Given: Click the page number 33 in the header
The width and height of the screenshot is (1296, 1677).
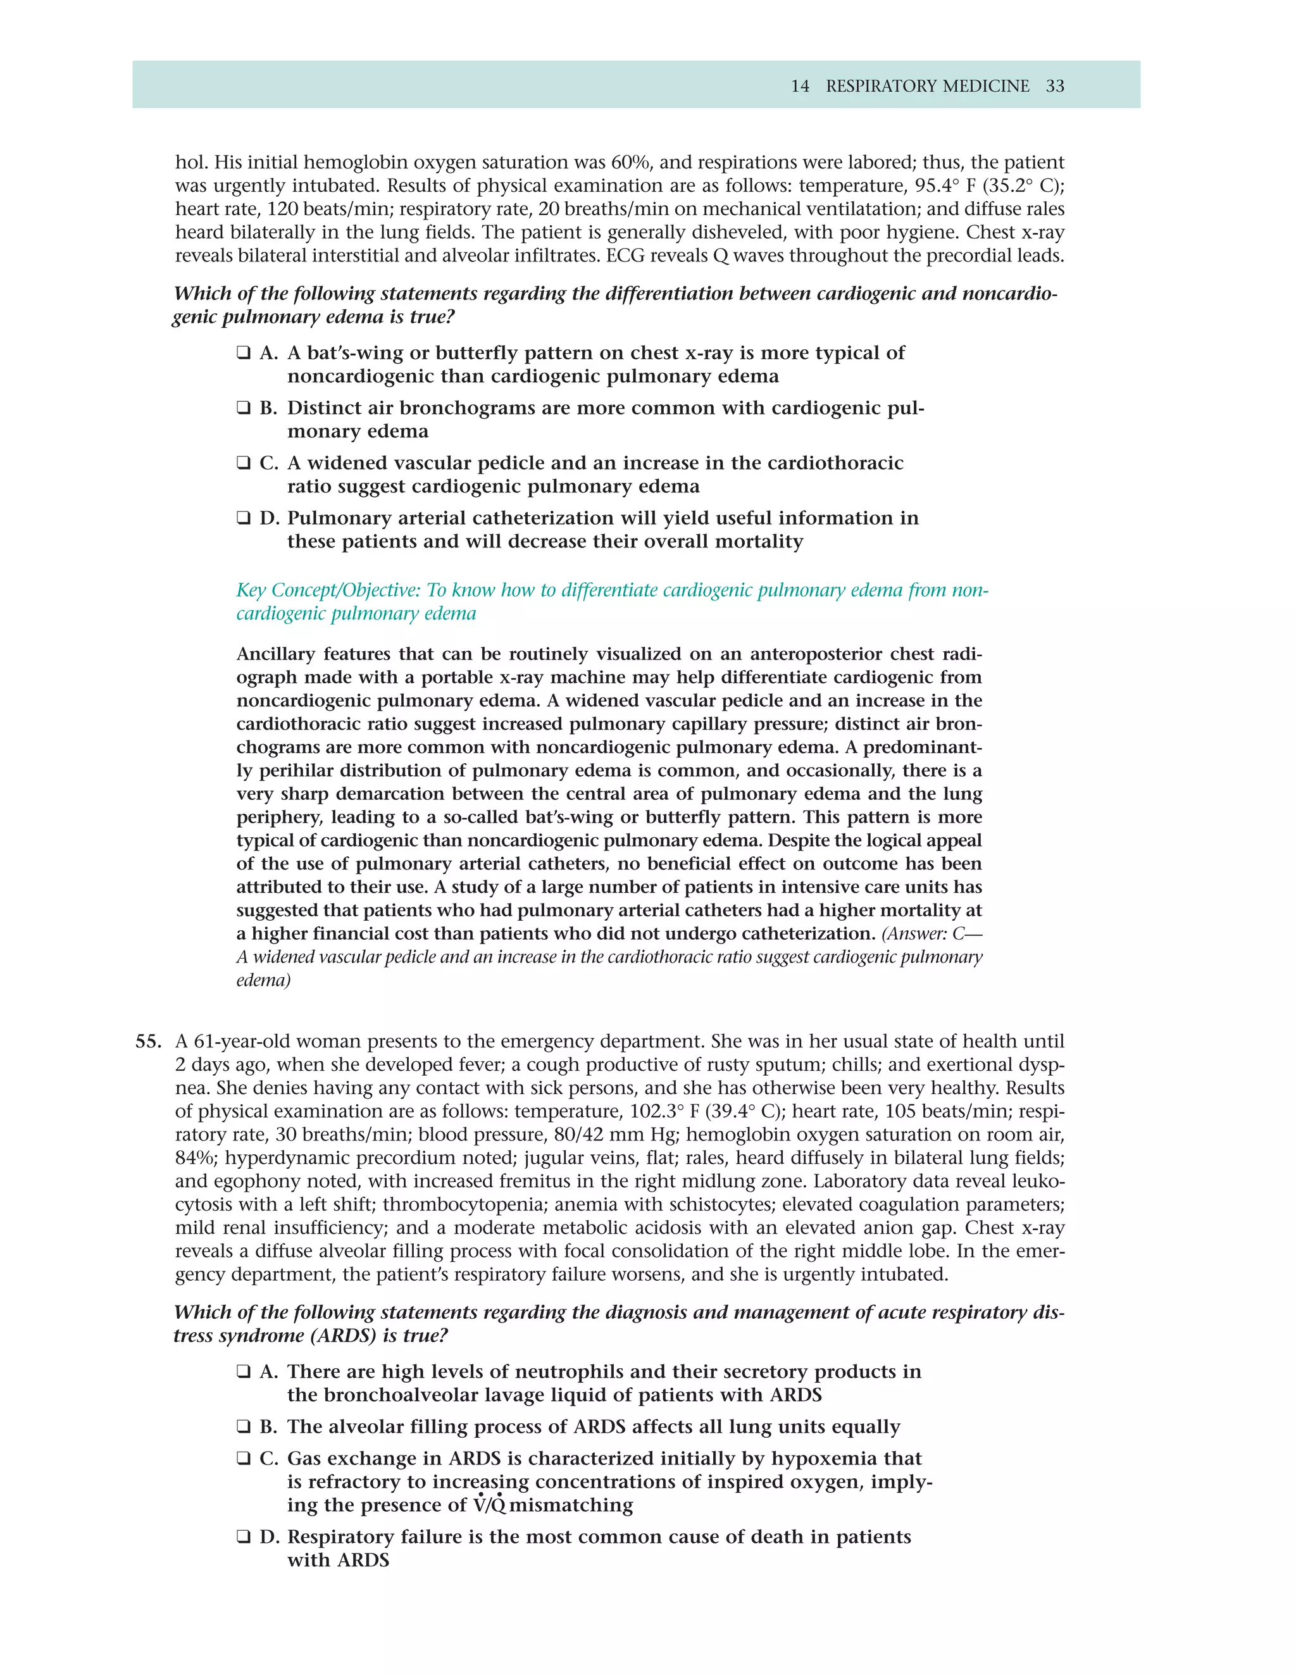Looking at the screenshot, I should point(1055,86).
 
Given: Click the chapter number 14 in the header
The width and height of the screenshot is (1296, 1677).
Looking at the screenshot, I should point(800,86).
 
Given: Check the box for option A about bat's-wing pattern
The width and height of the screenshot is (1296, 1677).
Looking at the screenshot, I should point(244,353).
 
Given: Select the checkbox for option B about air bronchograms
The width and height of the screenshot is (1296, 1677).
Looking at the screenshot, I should point(244,409).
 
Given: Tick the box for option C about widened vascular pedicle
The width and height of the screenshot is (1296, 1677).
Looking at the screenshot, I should point(244,464).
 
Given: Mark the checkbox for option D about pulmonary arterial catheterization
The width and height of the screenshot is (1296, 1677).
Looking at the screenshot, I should point(244,518).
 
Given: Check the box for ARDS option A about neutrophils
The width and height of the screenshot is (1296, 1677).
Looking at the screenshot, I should point(244,1372).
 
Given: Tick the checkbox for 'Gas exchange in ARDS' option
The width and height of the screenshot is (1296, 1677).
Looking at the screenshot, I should point(244,1459).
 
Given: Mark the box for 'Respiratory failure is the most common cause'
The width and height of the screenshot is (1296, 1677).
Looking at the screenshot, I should point(244,1537).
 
